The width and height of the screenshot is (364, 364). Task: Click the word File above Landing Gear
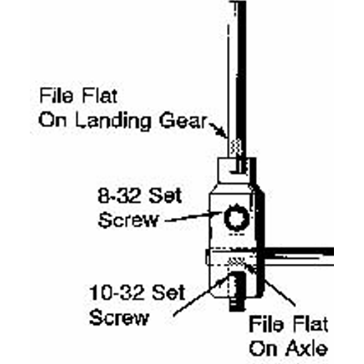pyautogui.click(x=57, y=96)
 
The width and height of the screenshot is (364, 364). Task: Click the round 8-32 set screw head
pyautogui.click(x=236, y=217)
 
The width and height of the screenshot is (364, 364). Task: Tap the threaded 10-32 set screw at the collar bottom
pyautogui.click(x=236, y=291)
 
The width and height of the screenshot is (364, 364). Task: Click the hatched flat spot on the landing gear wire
pyautogui.click(x=236, y=148)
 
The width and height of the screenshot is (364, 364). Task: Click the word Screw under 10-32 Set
pyautogui.click(x=119, y=318)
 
